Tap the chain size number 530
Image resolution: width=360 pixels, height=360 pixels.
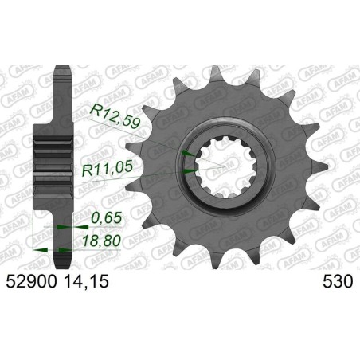pos(336,281)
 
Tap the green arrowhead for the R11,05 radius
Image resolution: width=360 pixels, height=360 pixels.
pos(187,169)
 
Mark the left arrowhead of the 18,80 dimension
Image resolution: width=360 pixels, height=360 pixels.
pos(35,248)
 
